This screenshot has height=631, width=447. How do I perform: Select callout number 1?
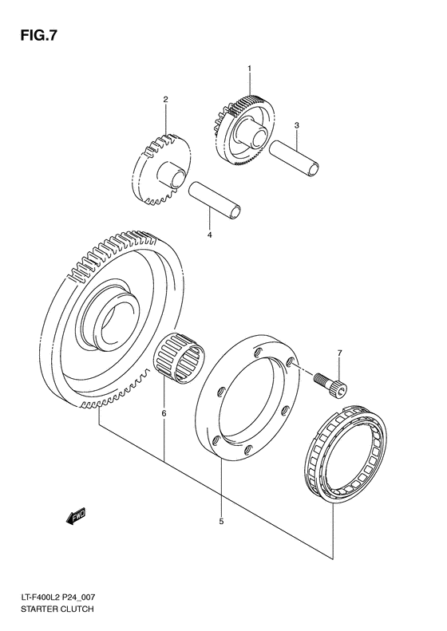point(248,70)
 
